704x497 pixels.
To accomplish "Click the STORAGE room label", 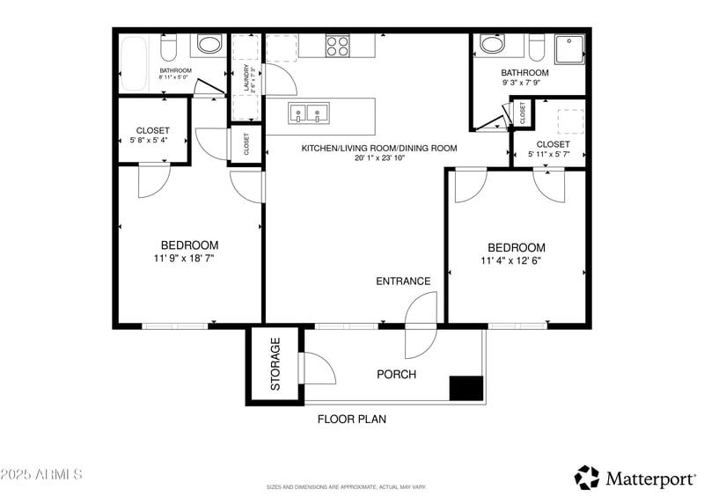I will coord(275,364).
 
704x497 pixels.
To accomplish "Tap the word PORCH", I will coord(396,375).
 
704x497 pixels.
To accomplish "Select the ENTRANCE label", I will coord(403,281).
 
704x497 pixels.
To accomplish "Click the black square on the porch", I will coord(466,388).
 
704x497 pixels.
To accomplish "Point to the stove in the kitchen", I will coord(338,46).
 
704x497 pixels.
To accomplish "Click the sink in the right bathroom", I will coord(491,46).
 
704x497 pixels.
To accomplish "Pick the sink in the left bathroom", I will coord(209,45).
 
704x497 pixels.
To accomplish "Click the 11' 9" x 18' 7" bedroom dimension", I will coord(189,259).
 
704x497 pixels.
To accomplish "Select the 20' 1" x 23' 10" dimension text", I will coord(379,159).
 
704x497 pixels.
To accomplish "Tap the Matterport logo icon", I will coord(586,478).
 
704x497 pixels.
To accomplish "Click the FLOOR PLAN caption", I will coord(351,420).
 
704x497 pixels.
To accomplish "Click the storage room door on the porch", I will coord(317,368).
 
